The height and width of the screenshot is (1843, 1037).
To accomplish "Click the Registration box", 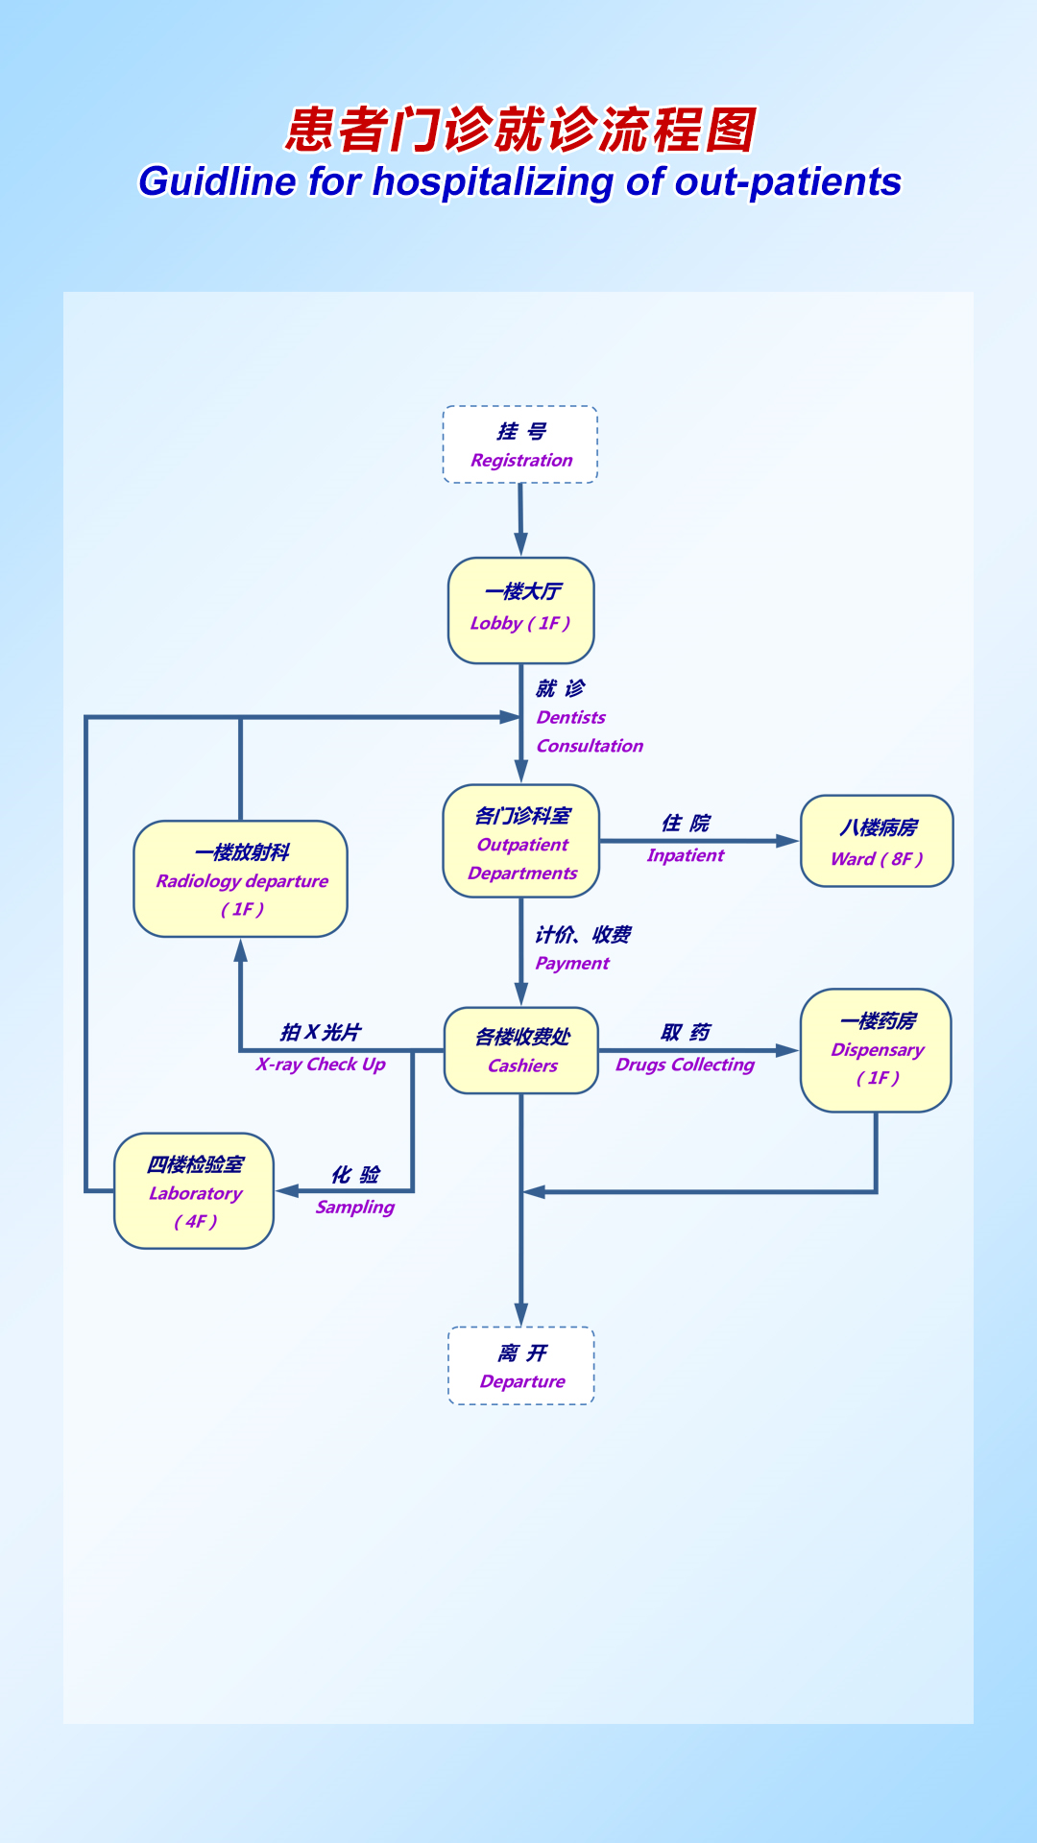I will [x=520, y=444].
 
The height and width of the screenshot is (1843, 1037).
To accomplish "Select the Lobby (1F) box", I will [x=521, y=610].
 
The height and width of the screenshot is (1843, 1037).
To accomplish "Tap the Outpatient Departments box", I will [x=521, y=842].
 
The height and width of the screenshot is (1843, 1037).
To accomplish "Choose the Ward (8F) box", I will [x=877, y=841].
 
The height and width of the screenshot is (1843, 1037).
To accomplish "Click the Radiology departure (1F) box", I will [x=241, y=878].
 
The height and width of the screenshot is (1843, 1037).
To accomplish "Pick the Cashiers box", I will [x=521, y=1050].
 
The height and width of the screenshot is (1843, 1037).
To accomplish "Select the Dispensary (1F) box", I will [x=876, y=1050].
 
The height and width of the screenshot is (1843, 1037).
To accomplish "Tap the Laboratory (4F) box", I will [x=194, y=1191].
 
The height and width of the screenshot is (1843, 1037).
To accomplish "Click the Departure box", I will [x=521, y=1366].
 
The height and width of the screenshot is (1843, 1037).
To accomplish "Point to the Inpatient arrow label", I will [x=685, y=855].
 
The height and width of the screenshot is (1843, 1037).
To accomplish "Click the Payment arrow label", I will [x=572, y=963].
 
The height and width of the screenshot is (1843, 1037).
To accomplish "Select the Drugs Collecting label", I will [x=685, y=1065].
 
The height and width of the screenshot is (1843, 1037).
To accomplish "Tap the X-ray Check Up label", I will [x=321, y=1065].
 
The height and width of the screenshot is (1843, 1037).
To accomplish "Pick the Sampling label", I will [x=354, y=1207].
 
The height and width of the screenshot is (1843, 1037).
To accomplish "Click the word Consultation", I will [x=590, y=746].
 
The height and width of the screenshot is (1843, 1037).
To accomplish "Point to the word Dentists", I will [x=571, y=717].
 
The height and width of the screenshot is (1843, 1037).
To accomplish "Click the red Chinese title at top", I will [x=521, y=130].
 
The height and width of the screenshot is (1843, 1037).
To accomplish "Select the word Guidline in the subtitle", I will [x=217, y=181].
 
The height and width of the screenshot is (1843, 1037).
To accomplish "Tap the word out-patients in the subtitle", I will [x=787, y=181].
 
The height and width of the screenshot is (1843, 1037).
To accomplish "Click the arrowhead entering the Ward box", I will [x=788, y=841].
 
